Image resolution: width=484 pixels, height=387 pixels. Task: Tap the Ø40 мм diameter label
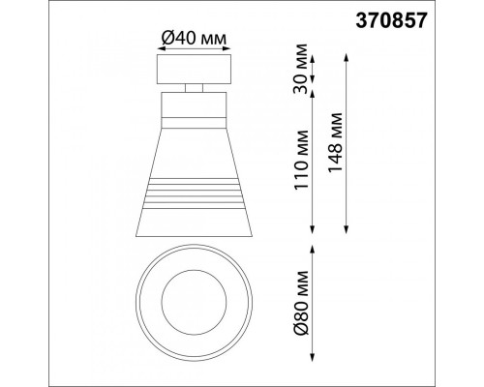click(x=193, y=38)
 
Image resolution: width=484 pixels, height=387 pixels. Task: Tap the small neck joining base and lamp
click(x=193, y=90)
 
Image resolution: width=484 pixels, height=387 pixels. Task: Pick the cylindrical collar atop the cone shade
click(x=193, y=108)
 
